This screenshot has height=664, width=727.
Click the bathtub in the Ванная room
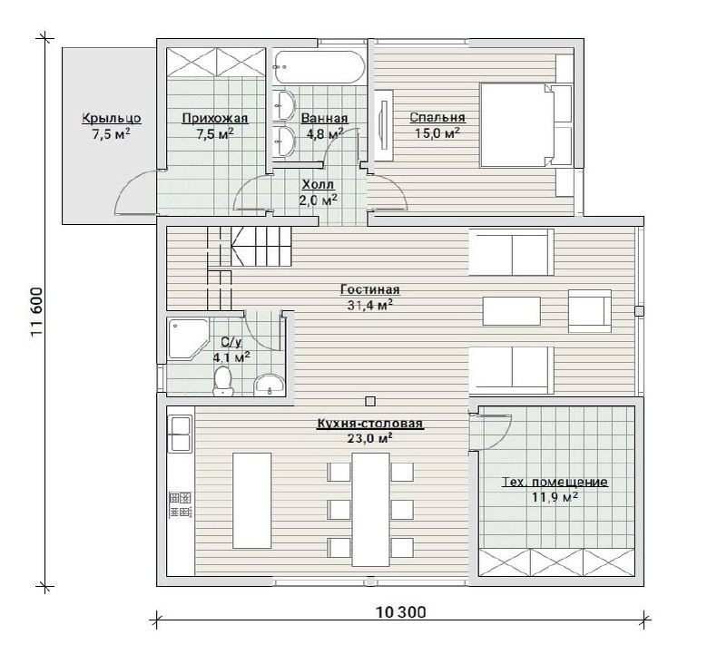319,67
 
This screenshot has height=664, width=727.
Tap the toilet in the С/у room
223,381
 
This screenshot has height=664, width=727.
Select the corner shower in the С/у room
188,338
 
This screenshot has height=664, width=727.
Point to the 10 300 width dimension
400,612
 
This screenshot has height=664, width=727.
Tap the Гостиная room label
370,290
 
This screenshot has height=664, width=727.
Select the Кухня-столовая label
370,424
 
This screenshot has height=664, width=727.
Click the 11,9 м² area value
555,497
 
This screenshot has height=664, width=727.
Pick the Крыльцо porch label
112,119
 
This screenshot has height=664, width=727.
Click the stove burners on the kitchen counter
180,505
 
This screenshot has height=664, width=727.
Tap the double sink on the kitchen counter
181,434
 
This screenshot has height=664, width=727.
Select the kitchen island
251,500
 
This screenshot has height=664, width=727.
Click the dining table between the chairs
370,509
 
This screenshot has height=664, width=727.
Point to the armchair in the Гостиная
590,310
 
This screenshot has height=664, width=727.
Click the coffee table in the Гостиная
511,311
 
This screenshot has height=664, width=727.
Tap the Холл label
318,185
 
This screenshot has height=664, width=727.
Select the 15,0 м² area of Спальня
437,133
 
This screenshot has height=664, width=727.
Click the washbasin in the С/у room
270,386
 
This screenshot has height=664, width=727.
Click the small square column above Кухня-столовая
370,401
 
